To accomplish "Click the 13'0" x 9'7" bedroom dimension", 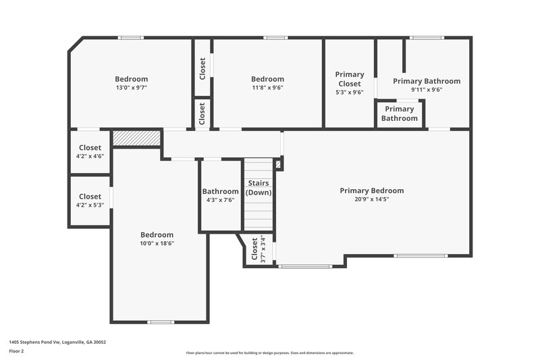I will coord(131,88).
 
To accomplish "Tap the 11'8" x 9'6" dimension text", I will coord(267,88).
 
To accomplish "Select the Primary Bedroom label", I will coord(372,190).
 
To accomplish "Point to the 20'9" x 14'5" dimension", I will coord(372,199).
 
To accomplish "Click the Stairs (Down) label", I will coord(259,188).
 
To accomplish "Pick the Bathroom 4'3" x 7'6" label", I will coord(220,195).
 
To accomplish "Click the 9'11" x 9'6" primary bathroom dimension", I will coord(427,89).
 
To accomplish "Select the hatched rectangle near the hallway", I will coord(136,138).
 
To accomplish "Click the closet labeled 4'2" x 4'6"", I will coord(90,152).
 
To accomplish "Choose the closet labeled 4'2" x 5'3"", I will coord(90,201).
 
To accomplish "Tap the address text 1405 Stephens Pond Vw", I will coord(57,342).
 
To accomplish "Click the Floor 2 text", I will coord(16,352).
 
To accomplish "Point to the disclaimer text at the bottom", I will coord(270,353).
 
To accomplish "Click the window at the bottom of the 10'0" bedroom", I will coord(161,322).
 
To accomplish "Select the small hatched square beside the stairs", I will coord(279,164).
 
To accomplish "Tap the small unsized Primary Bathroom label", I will coord(400,113).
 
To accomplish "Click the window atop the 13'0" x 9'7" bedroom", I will coord(130,37).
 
